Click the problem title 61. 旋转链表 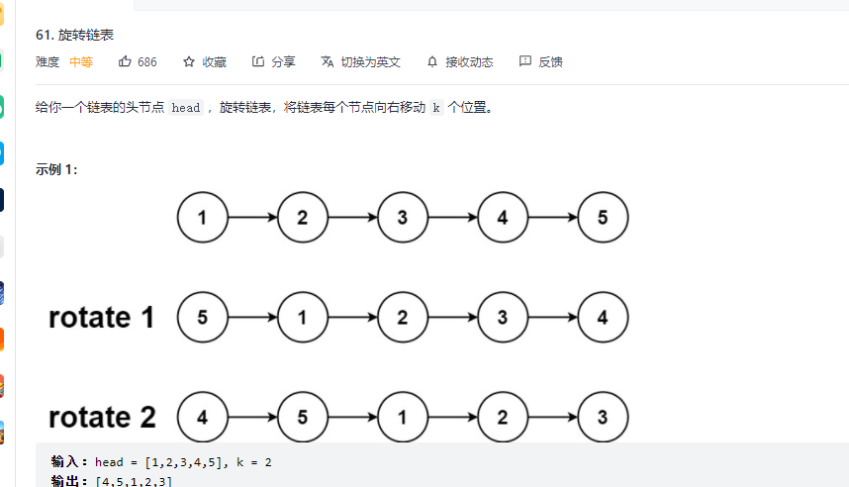pyautogui.click(x=74, y=35)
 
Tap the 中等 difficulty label pyautogui.click(x=81, y=61)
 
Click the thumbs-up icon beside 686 pyautogui.click(x=126, y=61)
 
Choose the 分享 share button pyautogui.click(x=273, y=61)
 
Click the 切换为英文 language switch pyautogui.click(x=361, y=61)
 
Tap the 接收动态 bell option pyautogui.click(x=460, y=61)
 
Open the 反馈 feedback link pyautogui.click(x=541, y=61)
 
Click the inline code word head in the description pyautogui.click(x=186, y=108)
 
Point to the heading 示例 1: pyautogui.click(x=56, y=169)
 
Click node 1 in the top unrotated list pyautogui.click(x=202, y=218)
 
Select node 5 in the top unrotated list pyautogui.click(x=603, y=218)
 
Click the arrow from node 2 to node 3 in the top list pyautogui.click(x=352, y=218)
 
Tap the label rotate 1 pyautogui.click(x=102, y=318)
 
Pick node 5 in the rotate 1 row pyautogui.click(x=202, y=318)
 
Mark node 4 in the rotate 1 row pyautogui.click(x=603, y=318)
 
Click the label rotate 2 pyautogui.click(x=102, y=418)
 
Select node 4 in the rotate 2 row pyautogui.click(x=202, y=418)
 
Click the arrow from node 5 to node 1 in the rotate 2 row pyautogui.click(x=352, y=418)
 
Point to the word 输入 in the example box pyautogui.click(x=68, y=461)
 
